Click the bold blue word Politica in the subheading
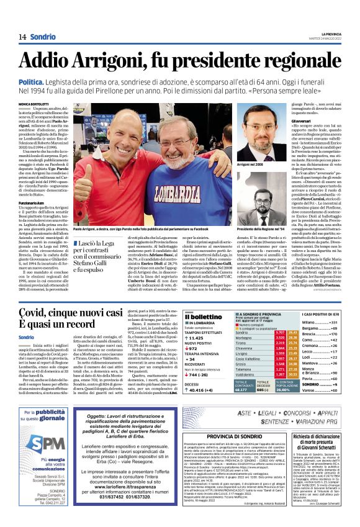click(52, 82)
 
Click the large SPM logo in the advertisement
click(46, 443)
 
